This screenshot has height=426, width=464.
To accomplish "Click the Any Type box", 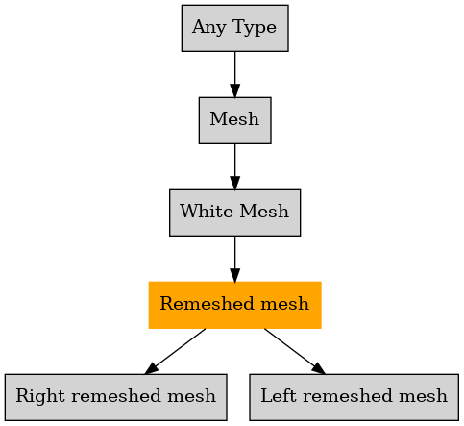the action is (235, 28).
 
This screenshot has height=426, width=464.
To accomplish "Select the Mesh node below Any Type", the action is (235, 120).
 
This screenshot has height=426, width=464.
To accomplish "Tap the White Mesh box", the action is (235, 213).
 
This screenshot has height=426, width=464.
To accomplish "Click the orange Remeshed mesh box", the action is (235, 305).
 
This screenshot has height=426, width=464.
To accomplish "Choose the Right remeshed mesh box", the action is (116, 397).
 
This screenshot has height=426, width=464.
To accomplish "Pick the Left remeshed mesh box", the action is (354, 397).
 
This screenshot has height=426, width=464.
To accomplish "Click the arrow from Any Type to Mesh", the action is (235, 74).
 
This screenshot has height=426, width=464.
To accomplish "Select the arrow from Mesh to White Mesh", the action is (235, 166).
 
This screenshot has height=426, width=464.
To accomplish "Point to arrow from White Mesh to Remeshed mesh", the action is (235, 259).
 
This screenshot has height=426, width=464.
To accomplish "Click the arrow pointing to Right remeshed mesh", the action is (175, 351).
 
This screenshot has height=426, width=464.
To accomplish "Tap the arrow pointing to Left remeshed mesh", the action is (295, 351).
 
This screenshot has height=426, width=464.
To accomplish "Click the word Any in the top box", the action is (209, 28).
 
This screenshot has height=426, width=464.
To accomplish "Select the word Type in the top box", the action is (255, 28).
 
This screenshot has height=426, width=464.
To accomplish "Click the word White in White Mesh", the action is (207, 212).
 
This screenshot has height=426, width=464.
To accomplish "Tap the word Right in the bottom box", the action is (40, 396).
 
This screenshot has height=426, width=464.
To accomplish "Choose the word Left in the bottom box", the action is (278, 395).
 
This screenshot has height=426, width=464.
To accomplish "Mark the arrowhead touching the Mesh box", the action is (235, 90).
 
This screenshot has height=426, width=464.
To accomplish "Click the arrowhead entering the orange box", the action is (235, 275).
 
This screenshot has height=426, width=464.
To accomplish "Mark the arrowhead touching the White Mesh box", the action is (235, 183).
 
